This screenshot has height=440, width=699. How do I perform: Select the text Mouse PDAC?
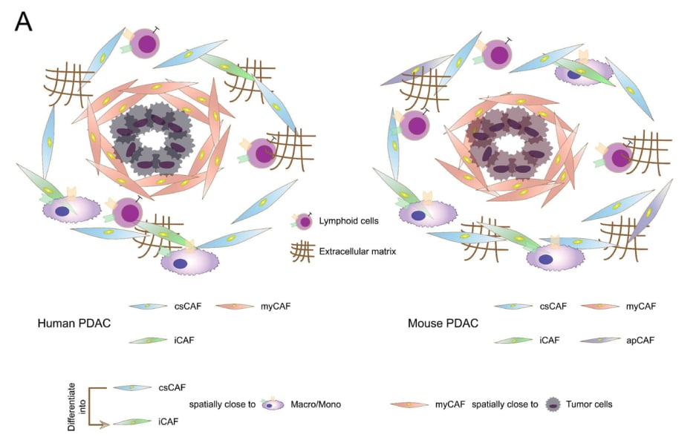click(443, 324)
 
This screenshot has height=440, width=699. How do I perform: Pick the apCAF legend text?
click(641, 340)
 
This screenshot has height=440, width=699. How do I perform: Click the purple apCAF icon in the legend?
click(602, 340)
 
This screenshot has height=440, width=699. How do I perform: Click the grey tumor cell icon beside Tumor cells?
click(552, 404)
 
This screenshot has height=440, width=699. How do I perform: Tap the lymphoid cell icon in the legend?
click(304, 221)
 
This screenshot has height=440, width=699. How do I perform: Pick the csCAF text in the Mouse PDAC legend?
click(554, 306)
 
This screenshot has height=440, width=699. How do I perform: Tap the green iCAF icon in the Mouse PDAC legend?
click(513, 340)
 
